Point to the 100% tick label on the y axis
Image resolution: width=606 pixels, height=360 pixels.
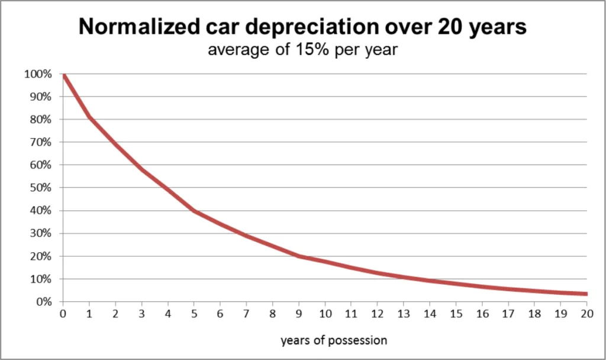tap(38, 74)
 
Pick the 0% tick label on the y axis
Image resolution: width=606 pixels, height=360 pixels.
tap(43, 302)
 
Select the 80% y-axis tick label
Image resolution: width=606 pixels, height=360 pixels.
tap(40, 120)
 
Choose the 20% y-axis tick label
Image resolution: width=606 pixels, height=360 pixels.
tap(40, 256)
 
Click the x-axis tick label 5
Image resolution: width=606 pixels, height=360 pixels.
tap(194, 314)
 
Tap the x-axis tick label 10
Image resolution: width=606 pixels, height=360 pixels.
tap(324, 314)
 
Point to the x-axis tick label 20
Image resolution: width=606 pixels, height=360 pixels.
tap(586, 314)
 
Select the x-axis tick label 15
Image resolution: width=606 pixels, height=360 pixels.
tap(455, 314)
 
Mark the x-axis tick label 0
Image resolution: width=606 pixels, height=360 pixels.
tap(63, 314)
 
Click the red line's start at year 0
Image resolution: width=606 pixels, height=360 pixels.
tap(63, 75)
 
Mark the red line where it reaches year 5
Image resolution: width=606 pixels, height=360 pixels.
tap(194, 210)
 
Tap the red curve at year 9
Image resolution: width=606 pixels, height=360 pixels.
tap(298, 256)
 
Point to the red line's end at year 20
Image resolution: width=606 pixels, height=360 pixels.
tap(585, 294)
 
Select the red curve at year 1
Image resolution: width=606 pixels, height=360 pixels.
tap(89, 117)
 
